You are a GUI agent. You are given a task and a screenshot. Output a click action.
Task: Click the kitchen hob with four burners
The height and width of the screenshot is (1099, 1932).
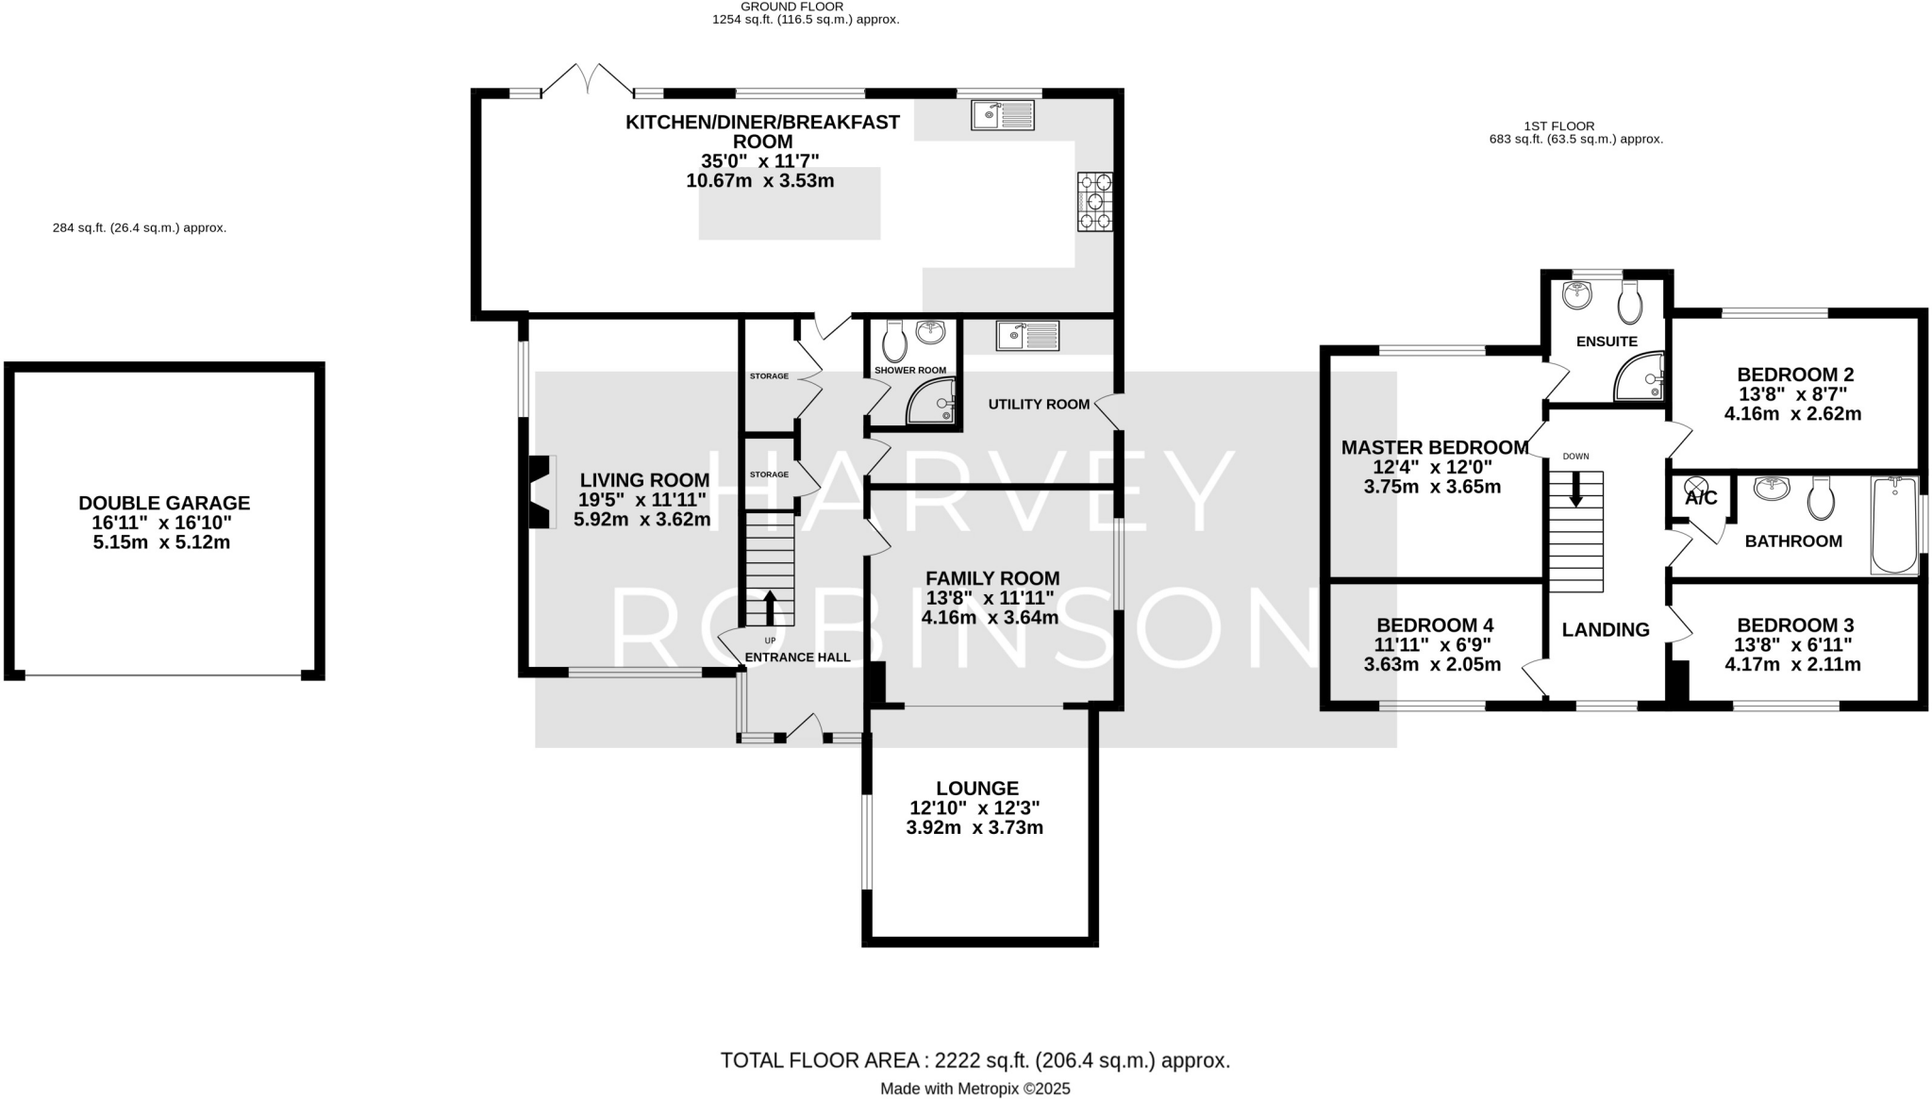point(1094,202)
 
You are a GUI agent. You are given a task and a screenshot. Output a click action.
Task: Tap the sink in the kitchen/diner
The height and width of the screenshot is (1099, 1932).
point(1003,115)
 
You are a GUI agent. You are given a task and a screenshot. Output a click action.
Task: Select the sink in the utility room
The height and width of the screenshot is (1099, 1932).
point(1027,335)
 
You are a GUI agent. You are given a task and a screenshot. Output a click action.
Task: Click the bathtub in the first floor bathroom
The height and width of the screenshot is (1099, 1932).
point(1894,525)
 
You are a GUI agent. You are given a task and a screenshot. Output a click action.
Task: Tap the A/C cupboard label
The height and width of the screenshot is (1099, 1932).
point(1701,498)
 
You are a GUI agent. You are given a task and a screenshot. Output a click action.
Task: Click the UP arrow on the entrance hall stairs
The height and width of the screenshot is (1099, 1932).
point(770,608)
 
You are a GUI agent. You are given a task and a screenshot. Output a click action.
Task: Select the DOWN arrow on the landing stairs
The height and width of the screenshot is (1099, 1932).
point(1575,489)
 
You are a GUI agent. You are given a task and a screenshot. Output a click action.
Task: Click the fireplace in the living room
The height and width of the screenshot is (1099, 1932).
point(540,492)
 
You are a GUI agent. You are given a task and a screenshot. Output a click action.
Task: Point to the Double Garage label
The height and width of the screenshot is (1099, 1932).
point(164,503)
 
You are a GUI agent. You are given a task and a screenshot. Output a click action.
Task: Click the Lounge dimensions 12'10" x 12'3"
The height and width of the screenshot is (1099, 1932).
point(974,808)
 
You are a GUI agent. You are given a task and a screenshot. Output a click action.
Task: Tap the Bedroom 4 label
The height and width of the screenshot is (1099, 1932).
point(1434,625)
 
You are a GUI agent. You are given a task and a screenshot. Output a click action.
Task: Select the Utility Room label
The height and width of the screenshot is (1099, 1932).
point(1039,404)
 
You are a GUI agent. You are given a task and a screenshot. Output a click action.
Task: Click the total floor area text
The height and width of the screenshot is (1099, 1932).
point(974,1060)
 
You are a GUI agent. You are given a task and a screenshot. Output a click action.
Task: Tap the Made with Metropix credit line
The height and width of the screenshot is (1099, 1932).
point(974,1089)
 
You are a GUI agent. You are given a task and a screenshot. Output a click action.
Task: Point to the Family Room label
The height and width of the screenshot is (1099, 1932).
point(991,578)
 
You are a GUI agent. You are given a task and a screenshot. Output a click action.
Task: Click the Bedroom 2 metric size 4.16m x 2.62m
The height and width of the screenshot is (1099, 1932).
point(1792,414)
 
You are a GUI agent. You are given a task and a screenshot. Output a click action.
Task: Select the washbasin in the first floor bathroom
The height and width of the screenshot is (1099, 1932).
point(1772,489)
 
